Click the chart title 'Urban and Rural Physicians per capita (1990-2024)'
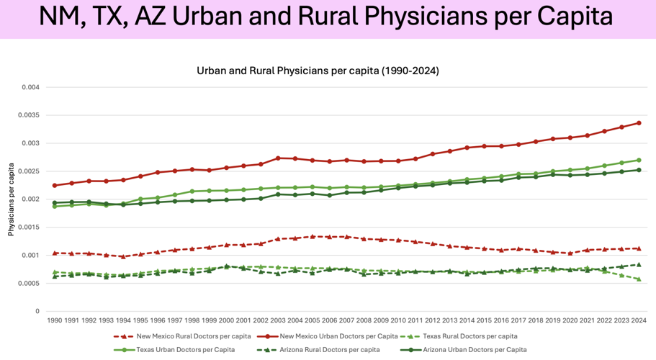[x=318, y=71]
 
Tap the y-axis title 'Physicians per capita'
[x=11, y=199]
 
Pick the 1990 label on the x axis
[x=54, y=319]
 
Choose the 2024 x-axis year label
[x=639, y=319]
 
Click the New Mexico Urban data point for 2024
[x=639, y=123]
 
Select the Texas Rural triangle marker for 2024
[x=639, y=279]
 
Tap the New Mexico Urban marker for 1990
[x=54, y=186]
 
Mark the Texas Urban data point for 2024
[x=639, y=161]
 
